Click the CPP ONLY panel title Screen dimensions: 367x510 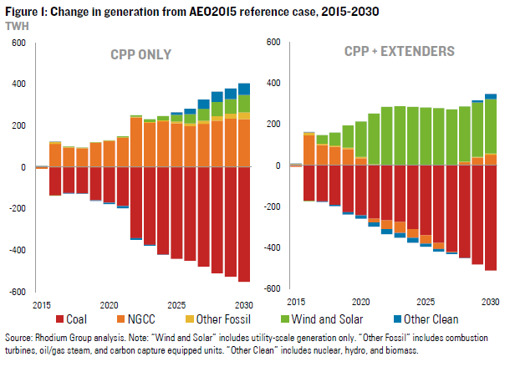click(141, 54)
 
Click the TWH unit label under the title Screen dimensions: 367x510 click(15, 26)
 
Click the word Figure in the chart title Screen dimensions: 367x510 click(20, 11)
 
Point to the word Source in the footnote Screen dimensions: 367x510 click(20, 338)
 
